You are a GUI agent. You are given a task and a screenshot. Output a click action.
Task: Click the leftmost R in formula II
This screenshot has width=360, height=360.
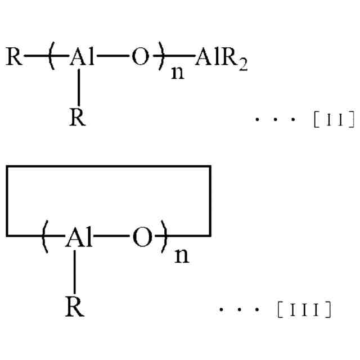coord(15,57)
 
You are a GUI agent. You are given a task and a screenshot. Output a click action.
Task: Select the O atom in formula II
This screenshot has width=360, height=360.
coord(141,57)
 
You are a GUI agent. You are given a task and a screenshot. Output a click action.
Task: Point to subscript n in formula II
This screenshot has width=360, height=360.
coord(177,72)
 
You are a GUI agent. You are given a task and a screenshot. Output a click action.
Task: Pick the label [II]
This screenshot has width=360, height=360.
coord(334,119)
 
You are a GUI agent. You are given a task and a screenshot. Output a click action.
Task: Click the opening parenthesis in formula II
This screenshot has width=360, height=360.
coord(52,57)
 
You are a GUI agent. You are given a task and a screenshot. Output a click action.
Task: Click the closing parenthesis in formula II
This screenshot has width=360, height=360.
coord(163,57)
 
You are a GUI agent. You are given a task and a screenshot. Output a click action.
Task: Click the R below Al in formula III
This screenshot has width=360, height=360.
coord(75,307)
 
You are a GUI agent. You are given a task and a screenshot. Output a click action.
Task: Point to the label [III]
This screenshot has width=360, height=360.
coord(304,309)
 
